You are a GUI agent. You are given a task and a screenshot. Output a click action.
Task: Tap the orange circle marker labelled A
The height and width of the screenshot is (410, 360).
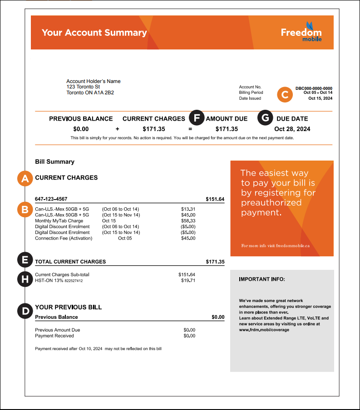pyautogui.click(x=25, y=178)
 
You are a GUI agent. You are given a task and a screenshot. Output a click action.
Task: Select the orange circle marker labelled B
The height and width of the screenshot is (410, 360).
pyautogui.click(x=25, y=209)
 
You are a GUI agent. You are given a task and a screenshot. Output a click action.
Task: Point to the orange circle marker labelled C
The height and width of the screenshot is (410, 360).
pyautogui.click(x=285, y=94)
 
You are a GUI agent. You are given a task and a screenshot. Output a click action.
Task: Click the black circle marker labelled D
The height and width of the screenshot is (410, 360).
pyautogui.click(x=25, y=311)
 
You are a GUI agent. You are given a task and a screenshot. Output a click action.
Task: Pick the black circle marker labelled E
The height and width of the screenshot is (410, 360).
pyautogui.click(x=25, y=260)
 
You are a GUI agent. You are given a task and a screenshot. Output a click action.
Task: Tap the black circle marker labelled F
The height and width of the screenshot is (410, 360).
pyautogui.click(x=197, y=118)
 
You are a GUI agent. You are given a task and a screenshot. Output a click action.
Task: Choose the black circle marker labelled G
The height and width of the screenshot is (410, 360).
pyautogui.click(x=266, y=118)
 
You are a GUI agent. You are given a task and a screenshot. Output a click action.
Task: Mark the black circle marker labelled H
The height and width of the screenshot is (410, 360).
pyautogui.click(x=25, y=278)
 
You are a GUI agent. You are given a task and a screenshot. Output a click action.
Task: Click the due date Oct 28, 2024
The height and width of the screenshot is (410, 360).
pyautogui.click(x=292, y=129)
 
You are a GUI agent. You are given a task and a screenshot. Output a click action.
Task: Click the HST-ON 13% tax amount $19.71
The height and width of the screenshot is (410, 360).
pyautogui.click(x=187, y=281)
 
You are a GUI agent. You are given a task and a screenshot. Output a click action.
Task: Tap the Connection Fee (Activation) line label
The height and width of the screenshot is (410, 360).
pyautogui.click(x=64, y=238)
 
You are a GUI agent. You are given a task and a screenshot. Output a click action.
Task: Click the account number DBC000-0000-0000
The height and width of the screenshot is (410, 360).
pyautogui.click(x=314, y=88)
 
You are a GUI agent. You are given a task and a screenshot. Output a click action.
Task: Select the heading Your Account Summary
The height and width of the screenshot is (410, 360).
pyautogui.click(x=94, y=33)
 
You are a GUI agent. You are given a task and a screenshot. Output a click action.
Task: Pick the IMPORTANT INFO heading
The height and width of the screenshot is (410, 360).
pyautogui.click(x=262, y=279)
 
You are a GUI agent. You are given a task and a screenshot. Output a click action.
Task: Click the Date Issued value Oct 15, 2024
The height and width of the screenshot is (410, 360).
pyautogui.click(x=321, y=98)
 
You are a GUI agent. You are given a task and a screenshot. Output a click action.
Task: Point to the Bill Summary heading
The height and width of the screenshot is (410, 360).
pyautogui.click(x=54, y=161)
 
